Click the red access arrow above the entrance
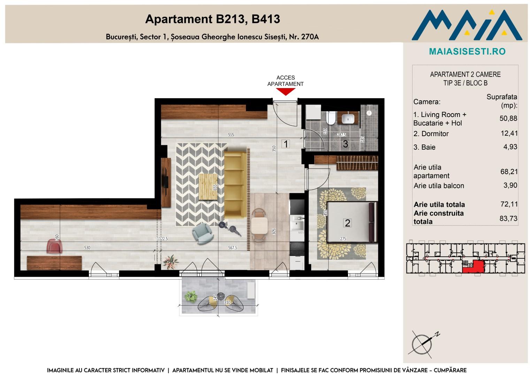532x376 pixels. click(x=286, y=91)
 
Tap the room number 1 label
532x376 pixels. click(x=286, y=144)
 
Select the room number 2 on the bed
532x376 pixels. click(x=347, y=223)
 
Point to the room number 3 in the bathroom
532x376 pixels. click(x=346, y=144)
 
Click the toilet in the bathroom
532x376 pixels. click(x=330, y=118)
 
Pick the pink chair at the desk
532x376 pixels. click(x=55, y=246)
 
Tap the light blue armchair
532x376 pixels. click(x=202, y=234)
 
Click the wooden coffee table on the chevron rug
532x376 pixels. click(x=208, y=187)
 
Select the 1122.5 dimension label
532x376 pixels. click(x=162, y=238)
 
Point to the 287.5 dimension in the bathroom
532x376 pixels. click(x=341, y=135)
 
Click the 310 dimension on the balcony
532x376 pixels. click(x=227, y=303)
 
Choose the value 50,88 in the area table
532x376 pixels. click(x=508, y=118)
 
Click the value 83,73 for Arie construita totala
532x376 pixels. click(x=508, y=218)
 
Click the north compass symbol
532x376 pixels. click(x=423, y=344)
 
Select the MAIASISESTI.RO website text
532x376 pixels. click(x=468, y=51)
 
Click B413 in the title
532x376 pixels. click(x=266, y=19)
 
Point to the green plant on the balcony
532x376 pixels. click(x=191, y=297)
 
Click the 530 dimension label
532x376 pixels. click(x=87, y=248)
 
